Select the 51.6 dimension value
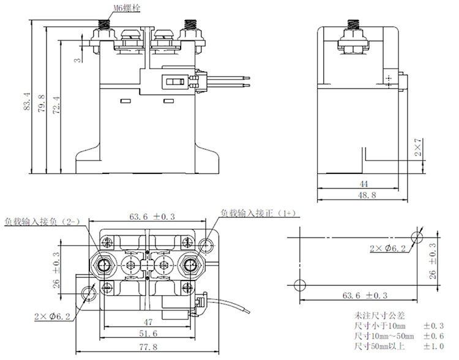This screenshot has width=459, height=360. click(147, 333)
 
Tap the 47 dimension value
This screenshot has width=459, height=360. click(147, 321)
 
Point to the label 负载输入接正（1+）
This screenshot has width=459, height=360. click(259, 212)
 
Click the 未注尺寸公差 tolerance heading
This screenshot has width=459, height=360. click(377, 315)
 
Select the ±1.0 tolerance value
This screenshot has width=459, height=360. click(434, 347)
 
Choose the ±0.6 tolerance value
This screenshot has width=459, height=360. click(434, 337)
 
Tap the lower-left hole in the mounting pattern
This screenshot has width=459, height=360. click(300, 285)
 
